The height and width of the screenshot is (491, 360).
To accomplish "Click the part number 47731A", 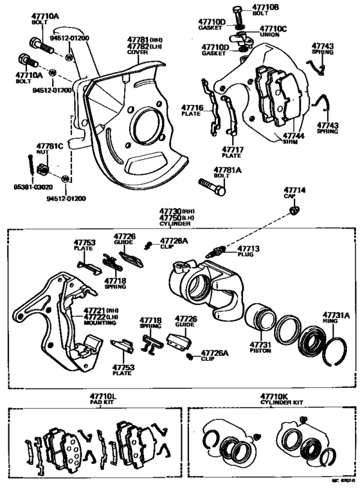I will click(x=336, y=315).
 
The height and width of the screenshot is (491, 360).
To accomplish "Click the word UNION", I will click(x=269, y=36).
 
